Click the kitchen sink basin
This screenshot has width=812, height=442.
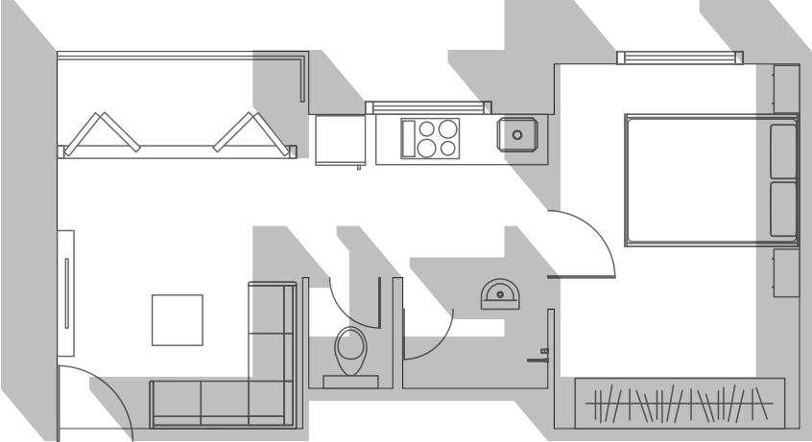[x=518, y=134]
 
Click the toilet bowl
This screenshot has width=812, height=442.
[x=349, y=350]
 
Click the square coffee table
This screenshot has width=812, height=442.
[x=178, y=320]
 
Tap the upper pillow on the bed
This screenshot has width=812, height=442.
[x=784, y=150]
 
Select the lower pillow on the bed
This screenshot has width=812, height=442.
[x=784, y=209]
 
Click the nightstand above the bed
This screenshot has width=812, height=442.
[x=786, y=87]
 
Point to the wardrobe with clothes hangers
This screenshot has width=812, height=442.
[x=680, y=403]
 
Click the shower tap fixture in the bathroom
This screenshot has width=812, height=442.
[x=540, y=356]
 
